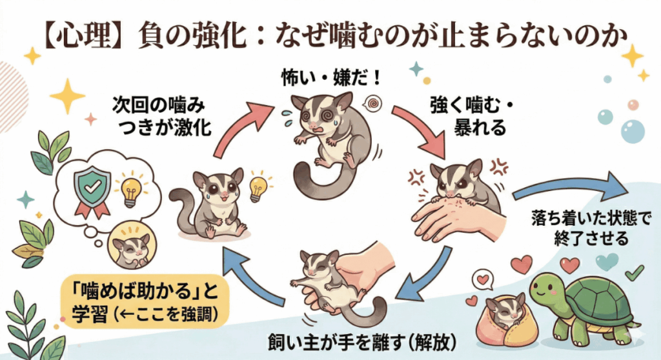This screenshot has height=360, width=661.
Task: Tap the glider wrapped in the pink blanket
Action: coord(500,315)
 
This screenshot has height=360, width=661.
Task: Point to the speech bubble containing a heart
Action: coord(481,279)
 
